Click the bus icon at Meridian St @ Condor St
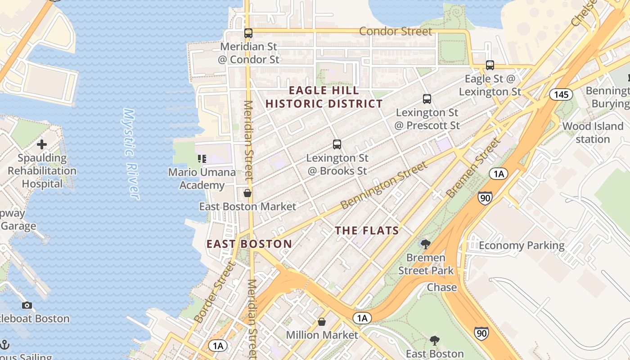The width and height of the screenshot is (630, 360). (248, 33)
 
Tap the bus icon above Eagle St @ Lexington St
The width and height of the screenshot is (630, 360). (490, 65)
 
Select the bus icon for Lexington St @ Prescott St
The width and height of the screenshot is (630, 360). (427, 99)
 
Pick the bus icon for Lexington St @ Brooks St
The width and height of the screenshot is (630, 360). (337, 144)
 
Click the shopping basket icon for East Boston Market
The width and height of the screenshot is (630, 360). (247, 193)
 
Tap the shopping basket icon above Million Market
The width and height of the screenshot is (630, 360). (322, 322)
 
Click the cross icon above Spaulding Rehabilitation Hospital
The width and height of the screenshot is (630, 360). (42, 144)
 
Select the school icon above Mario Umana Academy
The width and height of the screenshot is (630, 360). (202, 158)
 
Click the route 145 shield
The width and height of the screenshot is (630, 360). (561, 94)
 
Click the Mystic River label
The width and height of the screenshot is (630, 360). (131, 153)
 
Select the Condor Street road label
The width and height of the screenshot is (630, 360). (396, 31)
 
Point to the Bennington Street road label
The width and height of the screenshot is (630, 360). (384, 185)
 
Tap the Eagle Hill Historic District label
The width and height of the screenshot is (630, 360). (324, 97)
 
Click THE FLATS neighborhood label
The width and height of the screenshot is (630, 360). (367, 231)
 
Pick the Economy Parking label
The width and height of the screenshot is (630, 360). (521, 245)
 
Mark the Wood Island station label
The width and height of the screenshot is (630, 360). (593, 133)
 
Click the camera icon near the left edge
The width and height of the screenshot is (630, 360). (27, 306)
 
